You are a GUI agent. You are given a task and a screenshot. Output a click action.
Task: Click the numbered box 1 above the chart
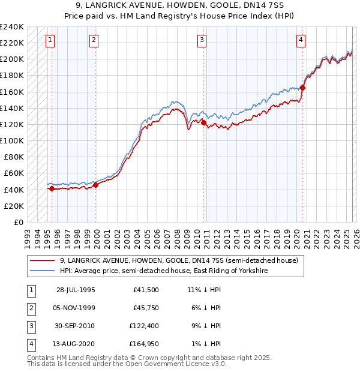[49, 40]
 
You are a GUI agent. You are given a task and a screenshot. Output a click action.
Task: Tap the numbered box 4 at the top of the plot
[301, 40]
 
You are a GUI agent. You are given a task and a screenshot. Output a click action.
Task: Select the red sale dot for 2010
[203, 122]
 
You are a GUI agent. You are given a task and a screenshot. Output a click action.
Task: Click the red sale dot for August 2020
[302, 88]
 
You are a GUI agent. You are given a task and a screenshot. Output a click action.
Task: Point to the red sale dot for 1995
[52, 188]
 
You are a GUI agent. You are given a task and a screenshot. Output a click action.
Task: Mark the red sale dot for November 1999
[95, 185]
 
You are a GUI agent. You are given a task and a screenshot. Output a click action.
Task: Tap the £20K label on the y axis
[14, 206]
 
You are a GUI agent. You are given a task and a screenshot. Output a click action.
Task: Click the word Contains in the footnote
[42, 358]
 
